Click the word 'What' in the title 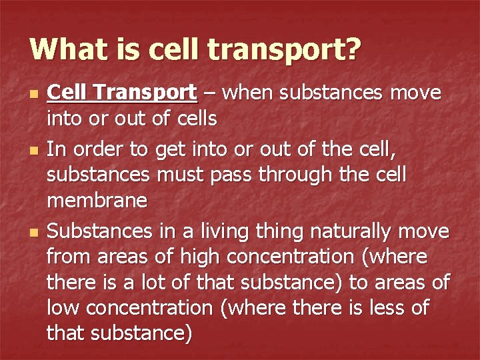(x=62, y=49)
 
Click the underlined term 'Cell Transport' (x=121, y=92)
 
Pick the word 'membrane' (x=97, y=201)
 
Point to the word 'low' (x=62, y=308)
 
